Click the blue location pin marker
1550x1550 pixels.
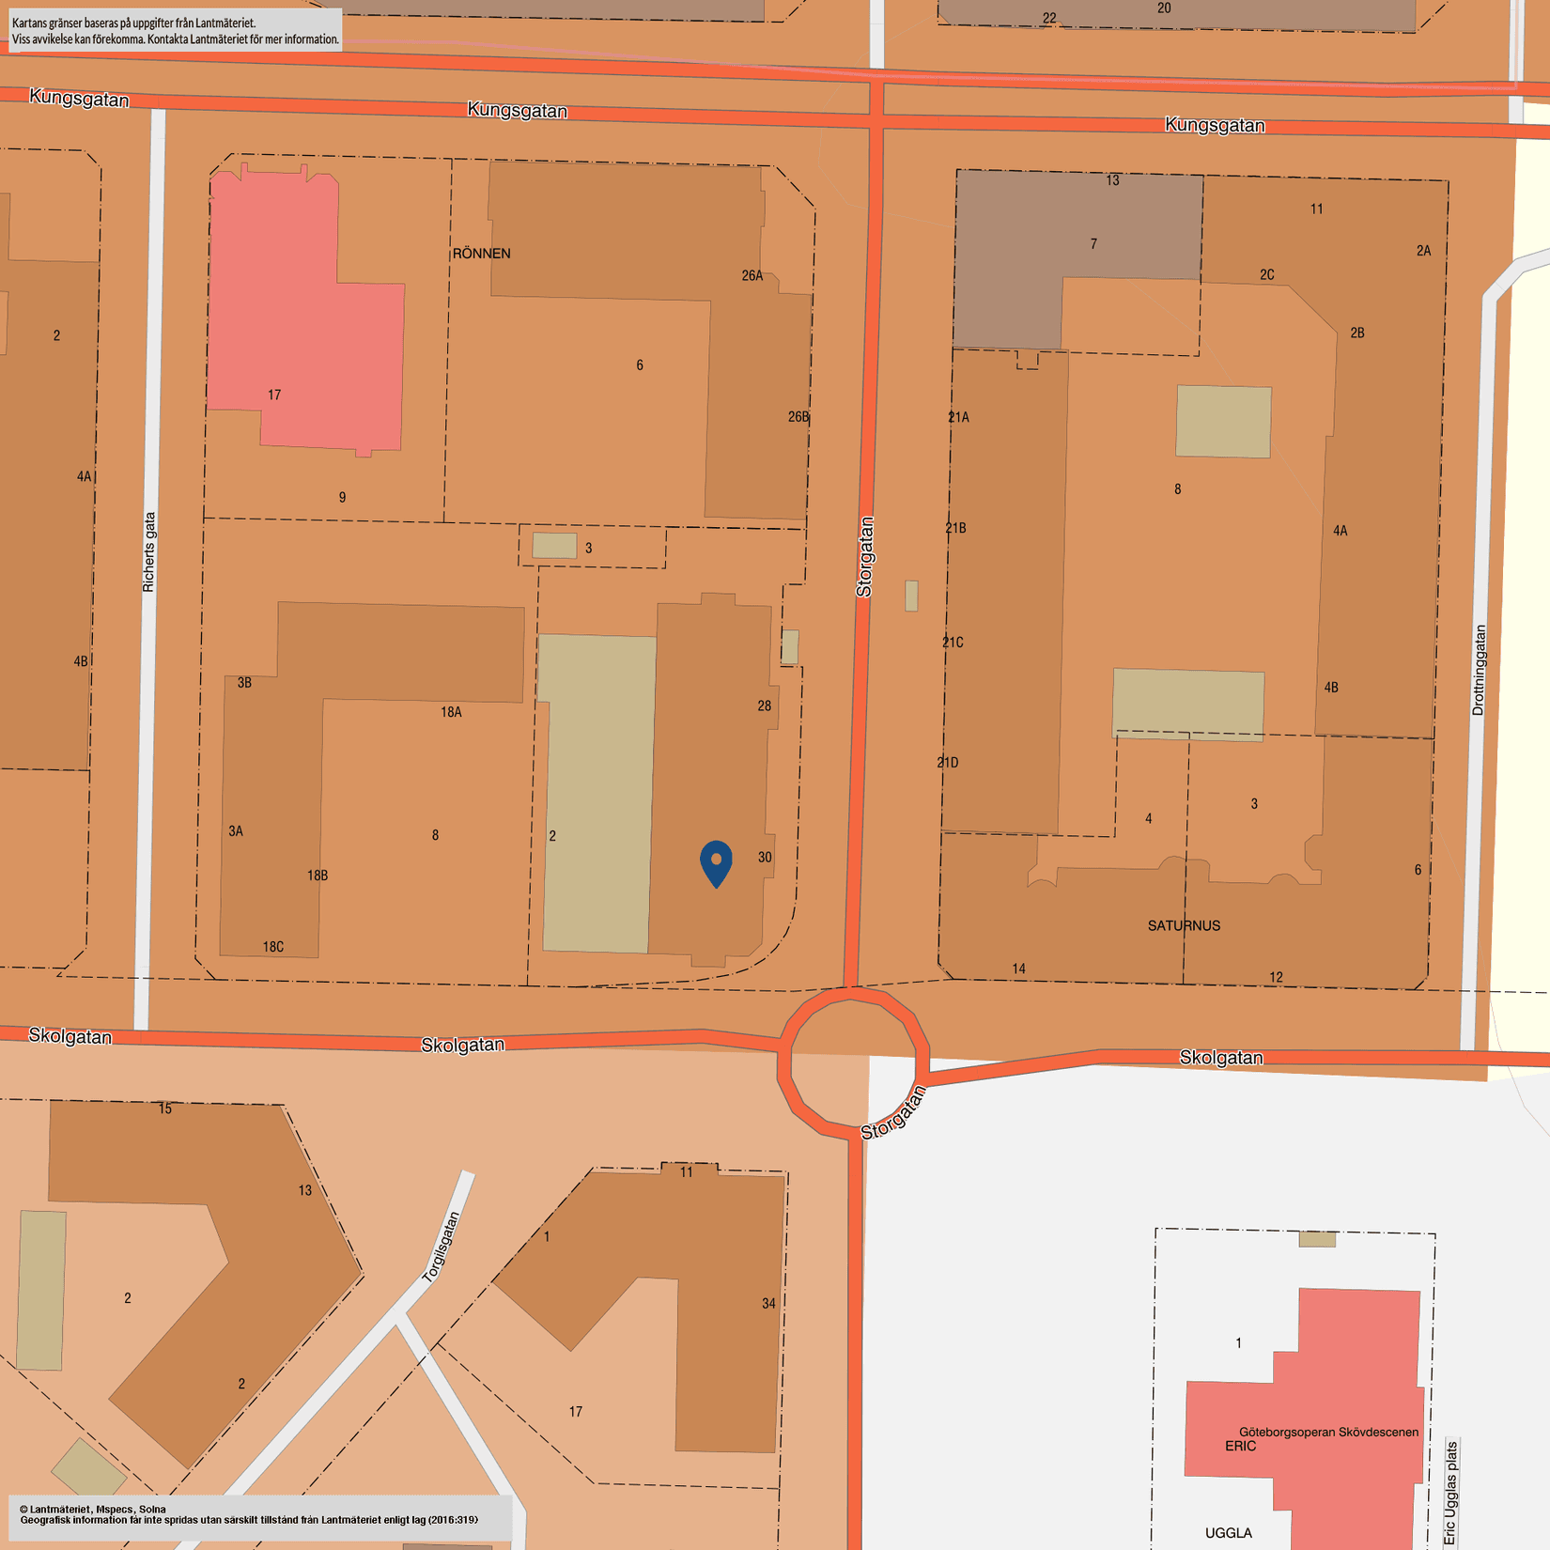(x=716, y=861)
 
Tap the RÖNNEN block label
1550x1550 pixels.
(x=481, y=254)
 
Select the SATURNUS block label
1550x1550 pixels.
(x=1184, y=925)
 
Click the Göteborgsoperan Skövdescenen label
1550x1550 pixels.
(x=1328, y=1432)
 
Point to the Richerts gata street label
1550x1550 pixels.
(x=149, y=551)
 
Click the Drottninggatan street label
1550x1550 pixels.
(x=1480, y=670)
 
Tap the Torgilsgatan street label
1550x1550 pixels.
(x=442, y=1247)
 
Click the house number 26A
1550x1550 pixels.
(x=752, y=276)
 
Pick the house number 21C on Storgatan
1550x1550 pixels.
(x=953, y=643)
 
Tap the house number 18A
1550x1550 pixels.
(x=451, y=712)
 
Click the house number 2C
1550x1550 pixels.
(x=1267, y=275)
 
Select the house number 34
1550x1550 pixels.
(x=768, y=1303)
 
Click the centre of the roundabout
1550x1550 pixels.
(x=852, y=1061)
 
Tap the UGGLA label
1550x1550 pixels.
(x=1228, y=1533)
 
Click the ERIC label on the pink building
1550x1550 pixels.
(x=1240, y=1446)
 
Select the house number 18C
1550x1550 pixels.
(x=273, y=947)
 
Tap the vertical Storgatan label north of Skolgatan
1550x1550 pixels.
(x=865, y=556)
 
